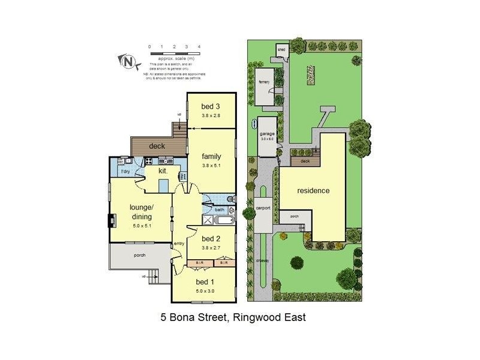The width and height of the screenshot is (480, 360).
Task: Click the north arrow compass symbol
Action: pos(127,61)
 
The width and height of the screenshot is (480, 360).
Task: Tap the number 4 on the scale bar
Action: pos(199,46)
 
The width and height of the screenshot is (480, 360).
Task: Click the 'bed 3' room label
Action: pos(209,107)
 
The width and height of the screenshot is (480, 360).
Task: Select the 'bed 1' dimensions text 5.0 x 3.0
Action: pos(205,291)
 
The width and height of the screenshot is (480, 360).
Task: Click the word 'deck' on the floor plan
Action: pos(157,146)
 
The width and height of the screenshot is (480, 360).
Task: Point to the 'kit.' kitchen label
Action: pos(162,172)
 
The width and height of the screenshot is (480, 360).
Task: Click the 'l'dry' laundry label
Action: pos(125,173)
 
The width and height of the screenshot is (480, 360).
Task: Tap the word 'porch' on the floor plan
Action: pos(139,256)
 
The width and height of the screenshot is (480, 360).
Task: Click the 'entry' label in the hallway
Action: pos(179,243)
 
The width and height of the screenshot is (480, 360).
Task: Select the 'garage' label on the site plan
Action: pos(267,134)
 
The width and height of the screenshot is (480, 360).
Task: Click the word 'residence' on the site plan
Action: pos(313,191)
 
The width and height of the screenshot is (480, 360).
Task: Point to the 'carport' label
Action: pos(263,208)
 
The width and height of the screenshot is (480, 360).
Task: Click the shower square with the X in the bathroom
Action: pos(208,220)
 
